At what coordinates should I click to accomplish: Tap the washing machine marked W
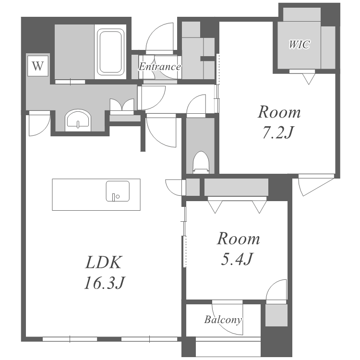click(x=38, y=66)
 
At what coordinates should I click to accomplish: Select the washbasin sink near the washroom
click(x=78, y=120)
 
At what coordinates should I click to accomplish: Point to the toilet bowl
click(x=201, y=162)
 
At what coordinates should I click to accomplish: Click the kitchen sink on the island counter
click(x=118, y=191)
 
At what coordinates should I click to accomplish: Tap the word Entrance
click(x=159, y=67)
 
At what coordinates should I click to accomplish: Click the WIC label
click(x=299, y=44)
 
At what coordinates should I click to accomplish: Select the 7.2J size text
click(x=278, y=132)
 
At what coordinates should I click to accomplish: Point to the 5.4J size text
click(x=237, y=259)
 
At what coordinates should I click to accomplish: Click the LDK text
click(x=103, y=262)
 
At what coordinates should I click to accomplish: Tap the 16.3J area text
click(x=105, y=283)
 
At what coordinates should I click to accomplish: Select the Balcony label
click(x=223, y=319)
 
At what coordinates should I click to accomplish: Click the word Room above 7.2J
click(x=279, y=112)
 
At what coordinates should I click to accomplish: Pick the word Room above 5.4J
click(x=239, y=239)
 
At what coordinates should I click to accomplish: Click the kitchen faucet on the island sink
click(x=113, y=197)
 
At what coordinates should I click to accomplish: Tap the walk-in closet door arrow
click(x=309, y=79)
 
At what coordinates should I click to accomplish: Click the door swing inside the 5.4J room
click(x=276, y=289)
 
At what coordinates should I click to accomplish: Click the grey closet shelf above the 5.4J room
click(x=236, y=187)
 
